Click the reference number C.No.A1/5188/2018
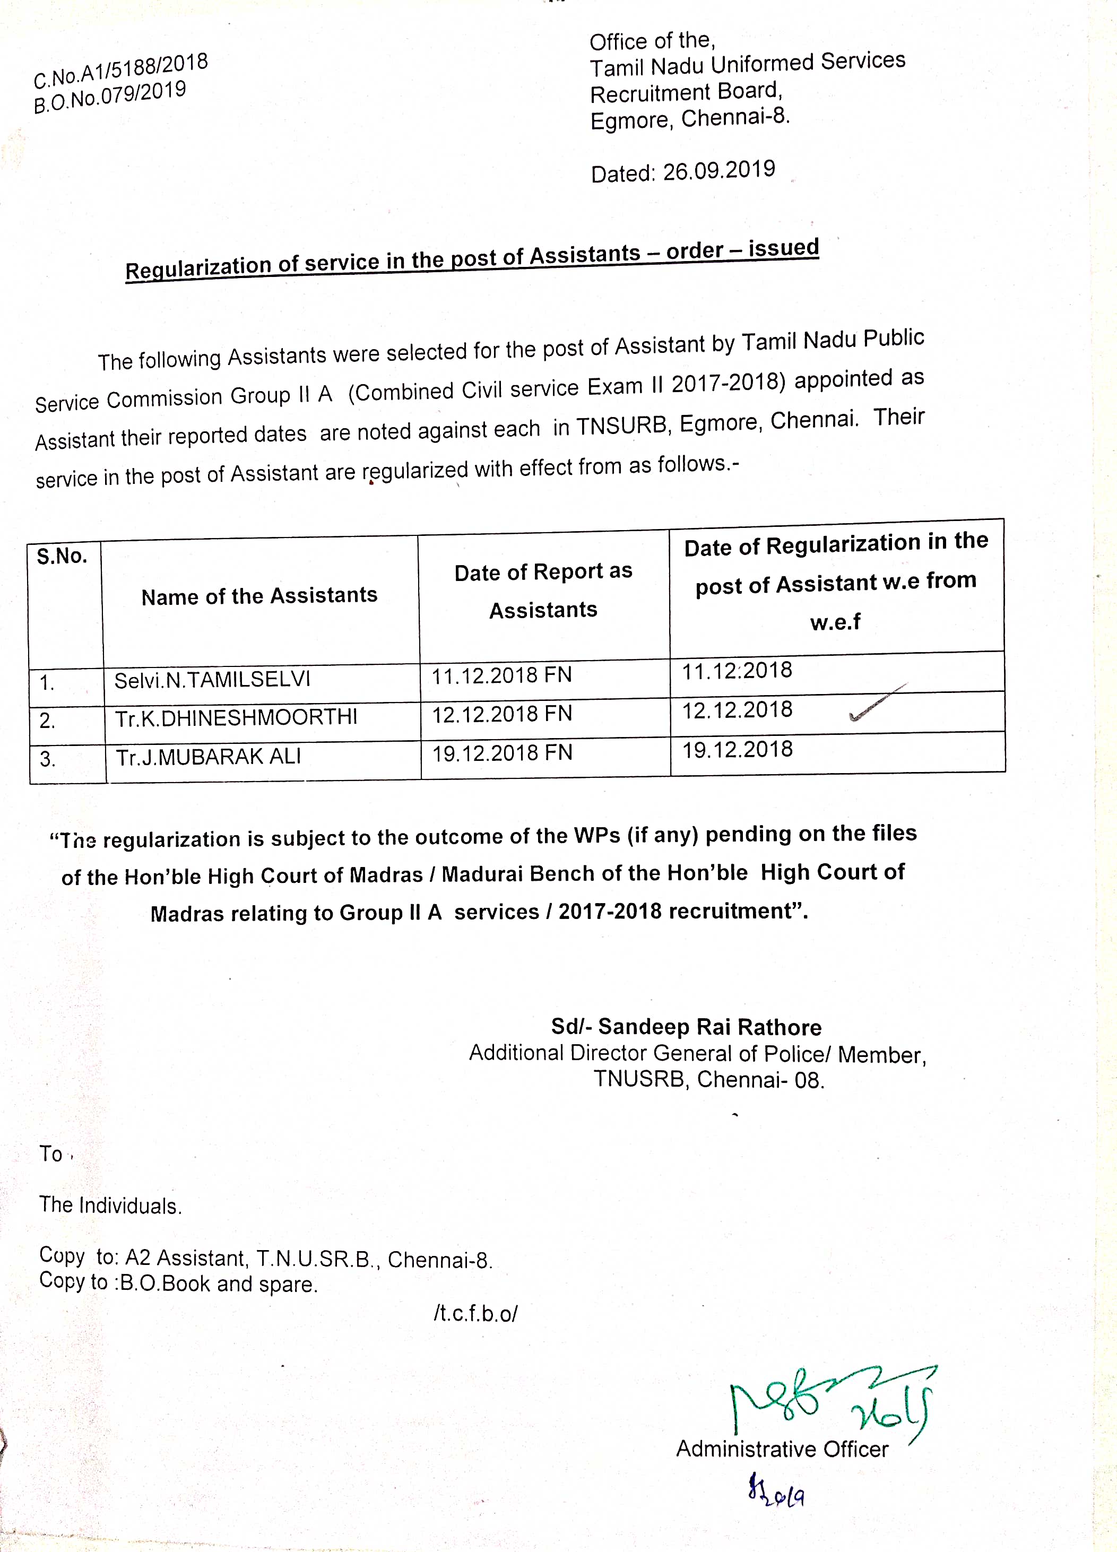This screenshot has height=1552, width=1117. (120, 72)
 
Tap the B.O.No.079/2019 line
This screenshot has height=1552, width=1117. (109, 97)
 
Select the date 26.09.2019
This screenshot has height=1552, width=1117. (718, 170)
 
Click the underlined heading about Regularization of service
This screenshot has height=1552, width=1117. (472, 259)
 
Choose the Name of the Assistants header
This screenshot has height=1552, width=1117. (259, 596)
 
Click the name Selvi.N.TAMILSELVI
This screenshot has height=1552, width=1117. (212, 680)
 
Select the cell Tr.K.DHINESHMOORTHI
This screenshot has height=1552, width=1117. (236, 718)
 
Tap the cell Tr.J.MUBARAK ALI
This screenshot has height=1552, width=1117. (208, 757)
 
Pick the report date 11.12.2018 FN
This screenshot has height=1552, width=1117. (501, 675)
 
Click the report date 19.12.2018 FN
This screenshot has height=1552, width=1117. (501, 753)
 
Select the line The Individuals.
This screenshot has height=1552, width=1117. (110, 1206)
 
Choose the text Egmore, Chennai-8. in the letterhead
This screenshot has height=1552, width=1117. (690, 119)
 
